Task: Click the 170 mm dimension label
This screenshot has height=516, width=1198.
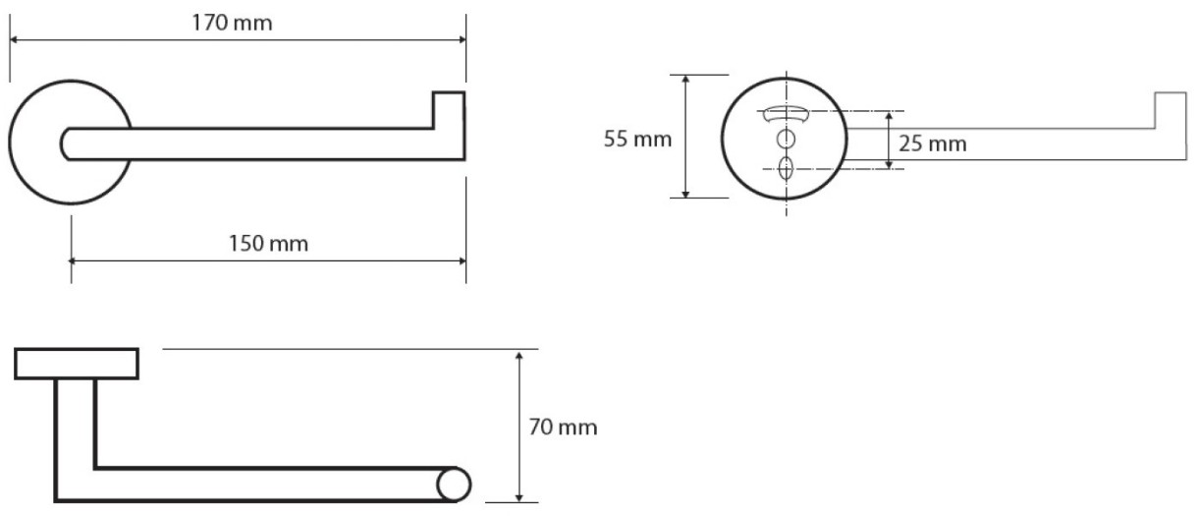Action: (232, 23)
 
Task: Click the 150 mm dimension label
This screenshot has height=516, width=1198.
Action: (268, 244)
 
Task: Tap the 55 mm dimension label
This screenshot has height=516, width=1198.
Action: (637, 140)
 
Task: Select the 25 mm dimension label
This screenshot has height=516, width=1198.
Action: (933, 143)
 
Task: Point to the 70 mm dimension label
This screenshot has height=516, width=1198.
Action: (564, 428)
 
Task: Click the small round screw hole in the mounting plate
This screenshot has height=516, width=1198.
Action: (786, 140)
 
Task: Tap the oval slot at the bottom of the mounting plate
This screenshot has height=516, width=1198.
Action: (786, 168)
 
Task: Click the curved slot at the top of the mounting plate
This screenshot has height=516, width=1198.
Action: (786, 115)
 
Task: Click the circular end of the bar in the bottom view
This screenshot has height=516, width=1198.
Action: (454, 485)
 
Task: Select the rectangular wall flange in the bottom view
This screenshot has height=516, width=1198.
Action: (77, 364)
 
